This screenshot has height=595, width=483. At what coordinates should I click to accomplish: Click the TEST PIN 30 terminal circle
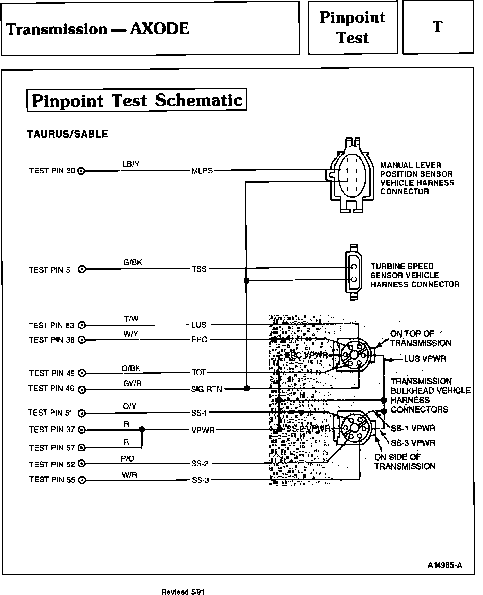(82, 171)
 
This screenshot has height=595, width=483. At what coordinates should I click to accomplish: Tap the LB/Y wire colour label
(131, 164)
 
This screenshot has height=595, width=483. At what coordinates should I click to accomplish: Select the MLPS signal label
(202, 171)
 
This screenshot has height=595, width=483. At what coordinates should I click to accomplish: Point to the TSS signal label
(199, 269)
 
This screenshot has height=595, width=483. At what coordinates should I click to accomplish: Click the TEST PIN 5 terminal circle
(82, 269)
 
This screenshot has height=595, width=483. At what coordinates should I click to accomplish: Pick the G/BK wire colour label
(133, 263)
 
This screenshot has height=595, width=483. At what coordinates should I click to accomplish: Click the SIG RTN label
(206, 389)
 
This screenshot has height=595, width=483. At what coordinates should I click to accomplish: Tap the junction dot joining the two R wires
(142, 430)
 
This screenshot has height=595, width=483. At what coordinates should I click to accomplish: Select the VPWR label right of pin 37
(203, 430)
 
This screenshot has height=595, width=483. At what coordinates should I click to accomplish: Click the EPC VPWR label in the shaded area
(306, 355)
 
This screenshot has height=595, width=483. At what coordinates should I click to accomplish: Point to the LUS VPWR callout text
(425, 359)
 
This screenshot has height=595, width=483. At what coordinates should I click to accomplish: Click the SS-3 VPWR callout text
(413, 443)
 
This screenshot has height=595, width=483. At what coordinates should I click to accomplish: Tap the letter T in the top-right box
(438, 27)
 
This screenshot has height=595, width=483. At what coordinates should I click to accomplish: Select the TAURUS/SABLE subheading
(67, 134)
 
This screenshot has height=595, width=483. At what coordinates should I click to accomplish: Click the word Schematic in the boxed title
(198, 100)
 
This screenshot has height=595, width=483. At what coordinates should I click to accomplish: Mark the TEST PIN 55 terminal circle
(82, 480)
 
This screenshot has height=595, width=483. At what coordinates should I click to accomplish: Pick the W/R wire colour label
(129, 475)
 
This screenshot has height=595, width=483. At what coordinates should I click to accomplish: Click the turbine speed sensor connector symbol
(353, 272)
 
